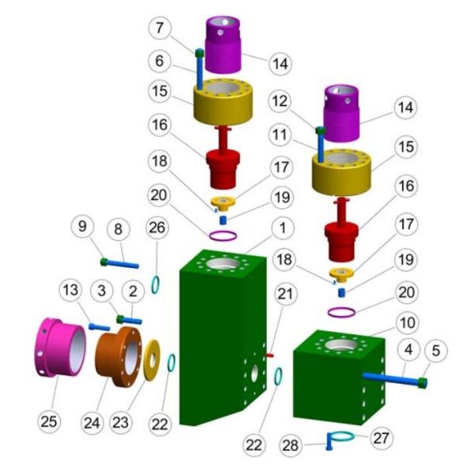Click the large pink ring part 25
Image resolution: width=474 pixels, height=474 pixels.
click(62, 354)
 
